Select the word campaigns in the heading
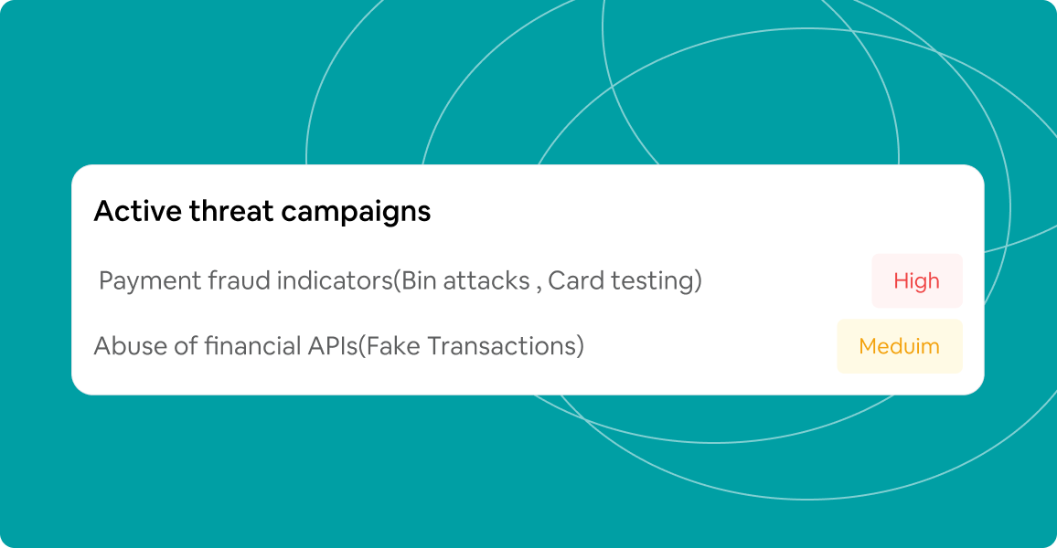[357, 211]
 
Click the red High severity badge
[916, 280]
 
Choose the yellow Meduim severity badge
[899, 346]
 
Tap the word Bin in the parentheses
[420, 280]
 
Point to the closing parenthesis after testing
[698, 281]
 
